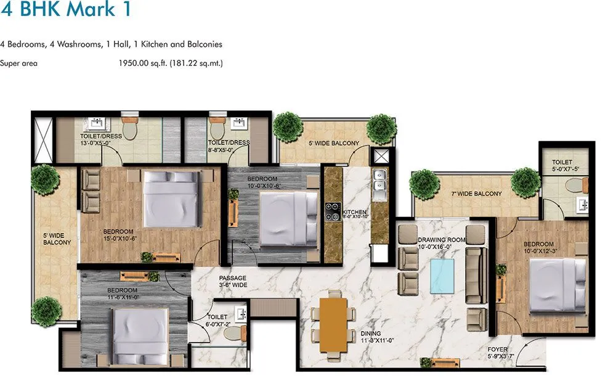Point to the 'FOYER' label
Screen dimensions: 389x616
498,350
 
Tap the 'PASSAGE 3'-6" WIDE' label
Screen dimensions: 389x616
232,282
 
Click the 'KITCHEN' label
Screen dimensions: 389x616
354,211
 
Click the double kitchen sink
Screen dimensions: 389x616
379,179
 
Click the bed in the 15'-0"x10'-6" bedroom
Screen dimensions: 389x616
171,199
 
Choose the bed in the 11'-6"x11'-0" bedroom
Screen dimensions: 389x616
140,334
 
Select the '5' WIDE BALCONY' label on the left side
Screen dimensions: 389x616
57,239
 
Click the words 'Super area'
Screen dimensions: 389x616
18,63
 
